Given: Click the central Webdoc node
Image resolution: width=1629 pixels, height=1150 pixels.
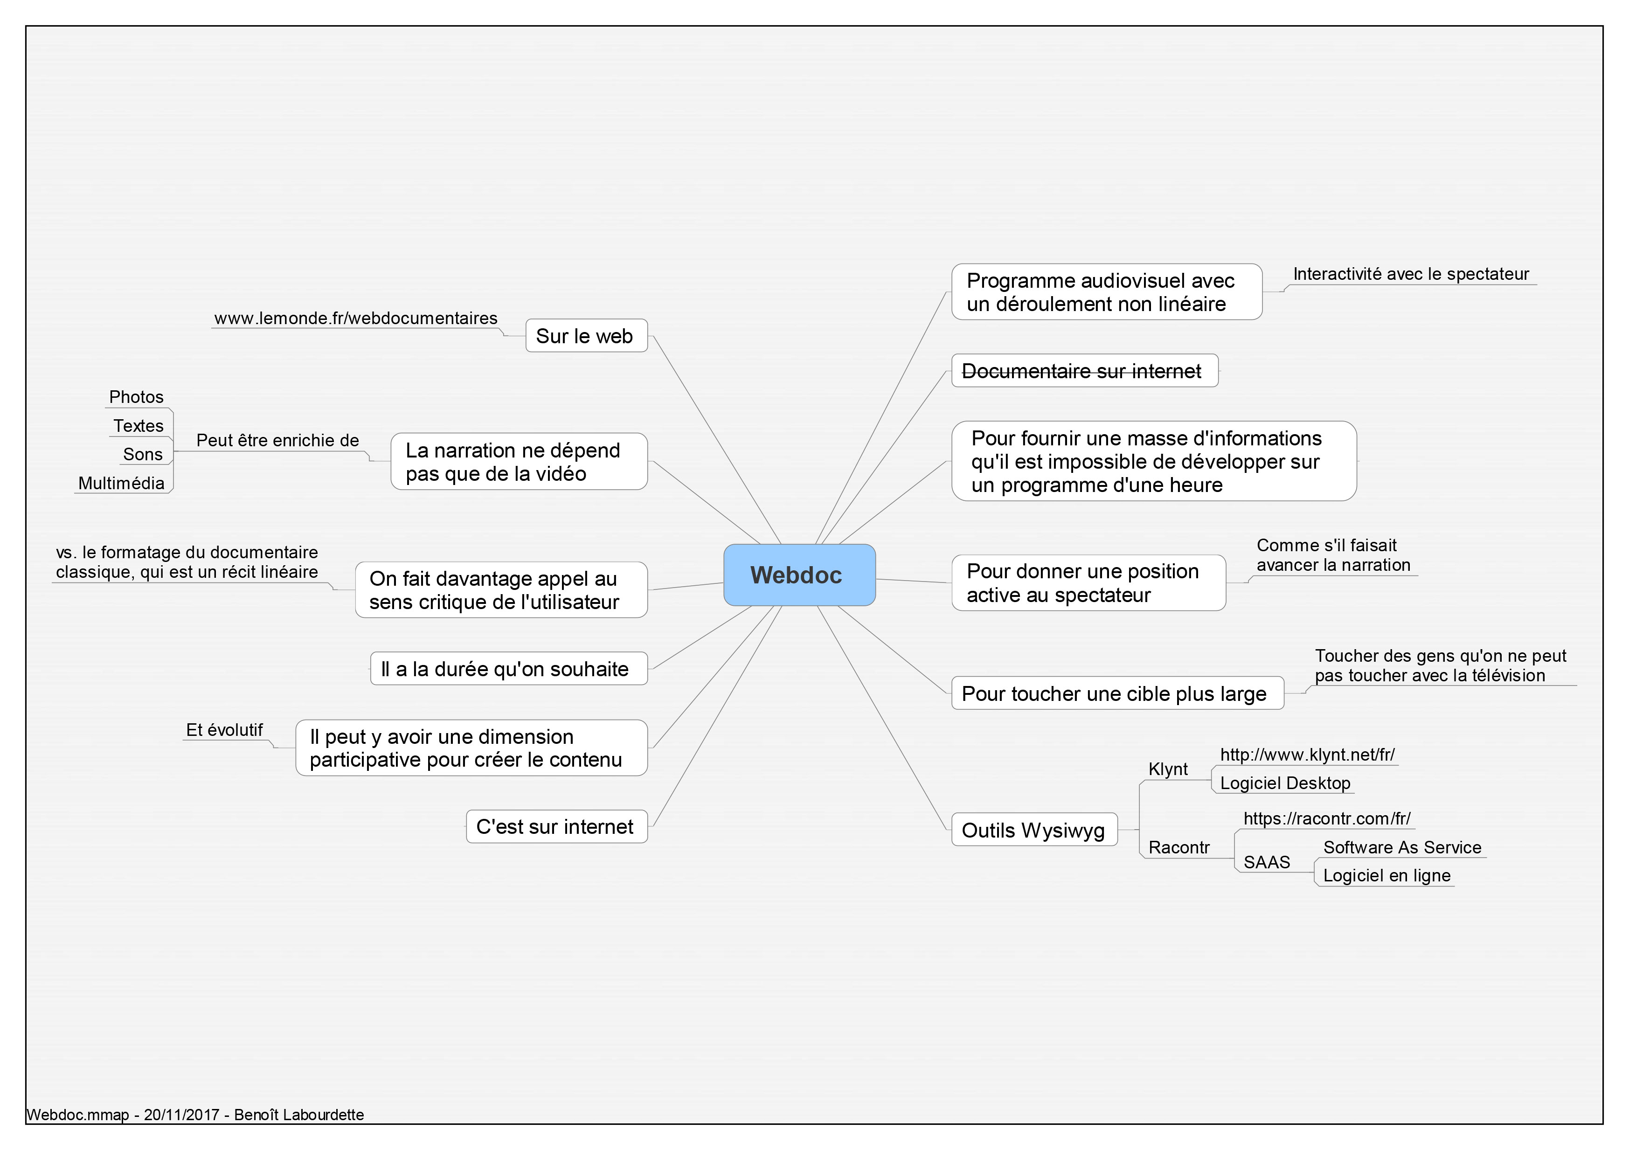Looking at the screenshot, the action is pyautogui.click(x=800, y=575).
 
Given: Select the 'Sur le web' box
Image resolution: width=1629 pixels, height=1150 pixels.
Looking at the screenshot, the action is pyautogui.click(x=586, y=336).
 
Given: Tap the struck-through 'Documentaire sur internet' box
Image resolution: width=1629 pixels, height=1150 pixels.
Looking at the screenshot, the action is pyautogui.click(x=1085, y=370).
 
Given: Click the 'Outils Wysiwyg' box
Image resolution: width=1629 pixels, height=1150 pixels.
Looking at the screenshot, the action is pyautogui.click(x=1034, y=829).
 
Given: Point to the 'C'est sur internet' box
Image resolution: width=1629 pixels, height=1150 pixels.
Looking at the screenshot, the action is pyautogui.click(x=556, y=826).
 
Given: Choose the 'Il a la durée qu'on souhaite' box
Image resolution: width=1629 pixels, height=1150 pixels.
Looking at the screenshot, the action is pyautogui.click(x=509, y=668).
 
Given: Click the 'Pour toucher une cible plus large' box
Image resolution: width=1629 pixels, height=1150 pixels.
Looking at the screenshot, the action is pyautogui.click(x=1117, y=693).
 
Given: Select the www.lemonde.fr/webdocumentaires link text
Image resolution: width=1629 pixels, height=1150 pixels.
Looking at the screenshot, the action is pyautogui.click(x=356, y=318).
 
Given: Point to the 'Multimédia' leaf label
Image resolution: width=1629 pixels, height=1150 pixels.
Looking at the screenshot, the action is pyautogui.click(x=121, y=483).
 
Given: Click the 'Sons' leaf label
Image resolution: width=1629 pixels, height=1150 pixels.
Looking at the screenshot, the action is pyautogui.click(x=143, y=454).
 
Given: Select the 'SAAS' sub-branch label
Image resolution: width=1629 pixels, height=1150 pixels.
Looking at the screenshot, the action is pyautogui.click(x=1267, y=862).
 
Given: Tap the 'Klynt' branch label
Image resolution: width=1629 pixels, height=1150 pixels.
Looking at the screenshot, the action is pyautogui.click(x=1168, y=769).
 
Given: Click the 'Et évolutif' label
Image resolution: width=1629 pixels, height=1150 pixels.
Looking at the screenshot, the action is pyautogui.click(x=224, y=729).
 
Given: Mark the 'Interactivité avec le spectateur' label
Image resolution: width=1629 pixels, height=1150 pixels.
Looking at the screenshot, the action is pyautogui.click(x=1411, y=274).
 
